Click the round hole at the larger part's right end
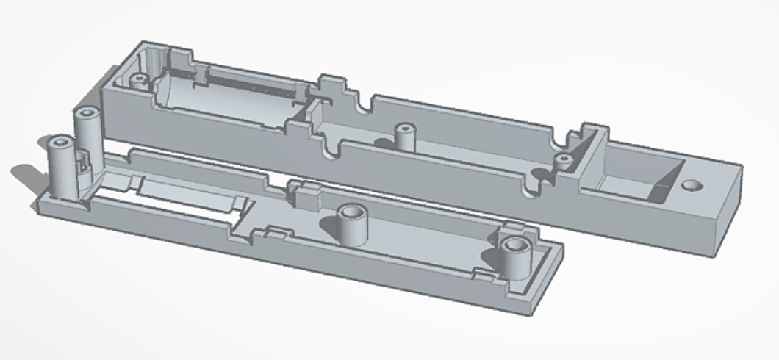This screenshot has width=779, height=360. click(690, 186)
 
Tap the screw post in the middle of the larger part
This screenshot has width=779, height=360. click(403, 136)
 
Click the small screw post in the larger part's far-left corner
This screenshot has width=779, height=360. click(137, 80)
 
